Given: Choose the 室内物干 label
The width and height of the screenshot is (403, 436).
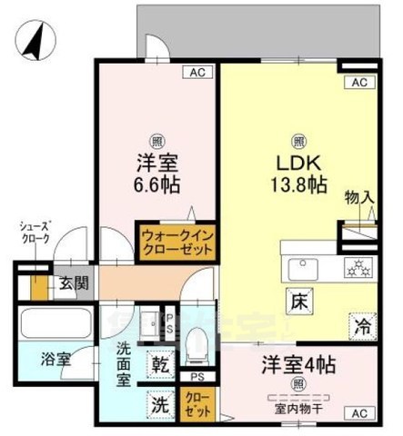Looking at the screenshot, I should coord(299,407).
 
